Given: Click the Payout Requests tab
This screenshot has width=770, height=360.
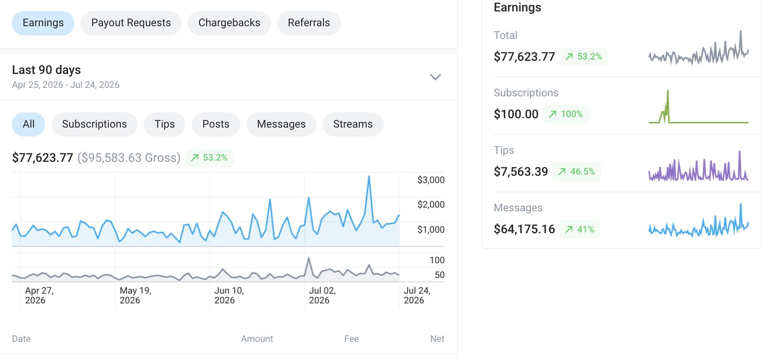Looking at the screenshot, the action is coord(131,23).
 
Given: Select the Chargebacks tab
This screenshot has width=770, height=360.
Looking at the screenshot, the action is coord(229,23).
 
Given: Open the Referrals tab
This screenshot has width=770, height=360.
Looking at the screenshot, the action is coord(309,23).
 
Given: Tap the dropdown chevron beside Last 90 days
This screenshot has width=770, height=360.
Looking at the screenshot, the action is coord(435,77).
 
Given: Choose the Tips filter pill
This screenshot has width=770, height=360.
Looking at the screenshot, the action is coord(164,124).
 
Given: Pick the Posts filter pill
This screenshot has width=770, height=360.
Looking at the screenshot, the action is coord(216,124).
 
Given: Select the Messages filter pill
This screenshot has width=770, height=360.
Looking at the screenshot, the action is coord(281,124).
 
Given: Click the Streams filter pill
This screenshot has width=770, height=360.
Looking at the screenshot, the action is coord(353,124).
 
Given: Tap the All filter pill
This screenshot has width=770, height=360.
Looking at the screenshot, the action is coord(28,124).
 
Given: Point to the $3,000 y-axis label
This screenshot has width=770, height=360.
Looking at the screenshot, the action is coord(431,180).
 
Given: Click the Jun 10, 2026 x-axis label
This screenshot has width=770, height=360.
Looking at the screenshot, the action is coord(229,295).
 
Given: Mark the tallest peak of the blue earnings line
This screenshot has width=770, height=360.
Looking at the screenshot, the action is coord(369,176).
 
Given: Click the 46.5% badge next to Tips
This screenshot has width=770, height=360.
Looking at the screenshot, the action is coord(576,172).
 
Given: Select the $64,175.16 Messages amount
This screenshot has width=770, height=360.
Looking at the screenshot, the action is coord(524,229).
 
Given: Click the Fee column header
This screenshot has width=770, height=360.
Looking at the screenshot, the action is coord(351,339).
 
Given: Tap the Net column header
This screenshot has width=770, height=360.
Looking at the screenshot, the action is coord(437,339).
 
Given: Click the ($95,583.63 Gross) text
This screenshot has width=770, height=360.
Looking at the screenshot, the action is coord(129,158).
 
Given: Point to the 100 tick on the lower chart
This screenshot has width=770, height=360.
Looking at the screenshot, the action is coord(437,260).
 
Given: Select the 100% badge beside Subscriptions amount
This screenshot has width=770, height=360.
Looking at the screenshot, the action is coord(565,114).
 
